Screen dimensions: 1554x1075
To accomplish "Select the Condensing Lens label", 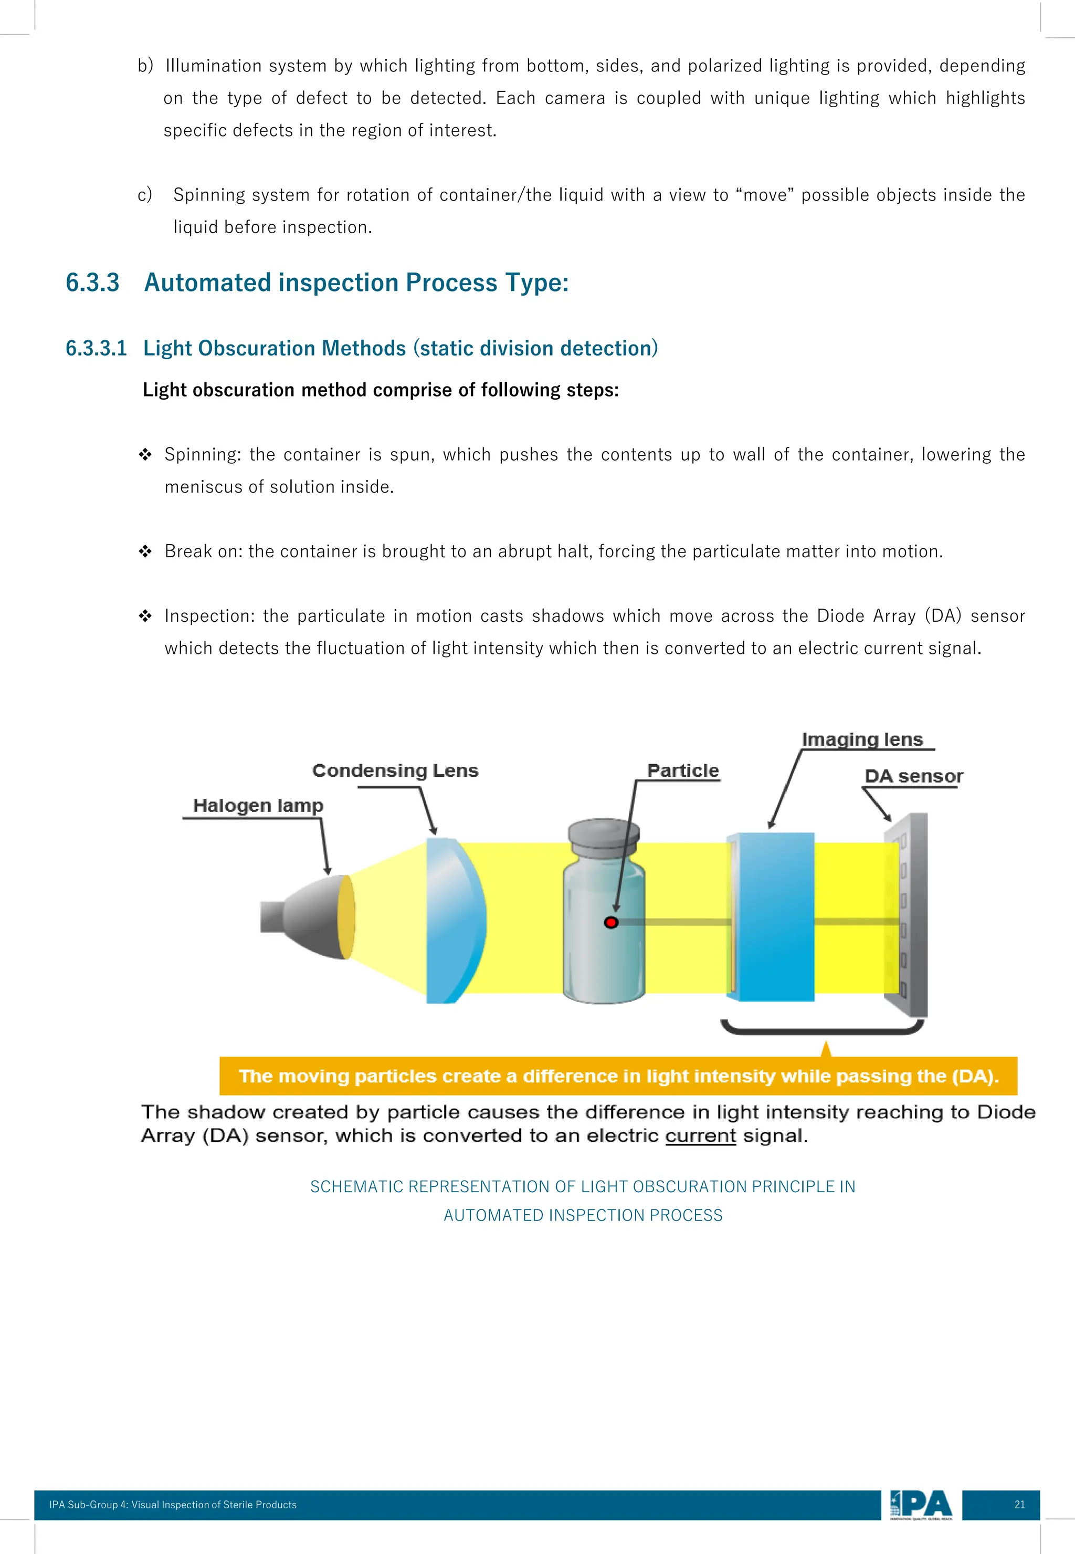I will click(x=395, y=770).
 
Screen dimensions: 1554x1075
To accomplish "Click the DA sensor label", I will click(x=913, y=776).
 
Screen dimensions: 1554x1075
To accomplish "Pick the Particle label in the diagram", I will click(x=682, y=770).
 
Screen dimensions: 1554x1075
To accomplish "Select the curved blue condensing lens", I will click(x=455, y=920).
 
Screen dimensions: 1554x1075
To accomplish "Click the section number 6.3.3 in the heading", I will click(x=92, y=283).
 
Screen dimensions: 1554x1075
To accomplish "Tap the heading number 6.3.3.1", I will click(x=96, y=348).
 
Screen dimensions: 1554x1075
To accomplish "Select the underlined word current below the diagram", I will click(x=700, y=1135).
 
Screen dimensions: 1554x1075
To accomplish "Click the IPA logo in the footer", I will click(x=921, y=1505).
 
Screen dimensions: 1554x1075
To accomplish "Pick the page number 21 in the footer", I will click(x=1019, y=1505).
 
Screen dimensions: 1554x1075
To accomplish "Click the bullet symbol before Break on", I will click(x=145, y=551).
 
